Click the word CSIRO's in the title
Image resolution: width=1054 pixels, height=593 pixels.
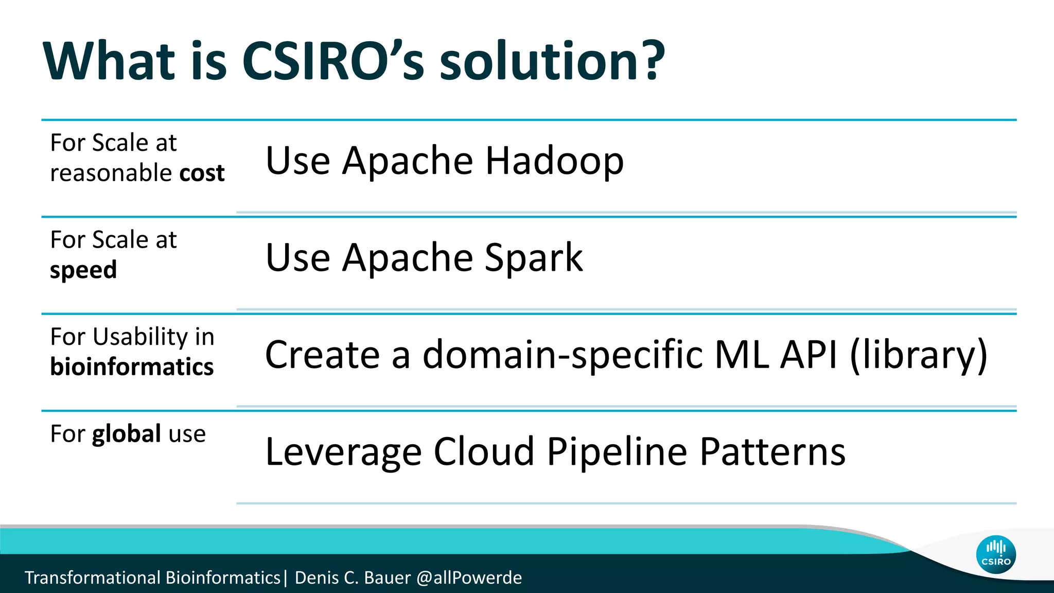tap(332, 62)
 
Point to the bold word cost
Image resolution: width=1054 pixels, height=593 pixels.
tap(202, 173)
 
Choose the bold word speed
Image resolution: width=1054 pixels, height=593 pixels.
tap(83, 270)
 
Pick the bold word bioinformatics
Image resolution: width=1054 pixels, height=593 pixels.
tap(132, 367)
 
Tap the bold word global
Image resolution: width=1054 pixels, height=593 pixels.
tap(127, 433)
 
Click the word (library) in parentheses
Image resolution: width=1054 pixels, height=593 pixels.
tap(918, 355)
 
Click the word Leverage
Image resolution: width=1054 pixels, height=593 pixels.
tap(343, 452)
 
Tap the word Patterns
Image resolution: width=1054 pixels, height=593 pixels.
tap(772, 452)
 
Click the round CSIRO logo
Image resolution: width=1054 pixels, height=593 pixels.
tap(995, 554)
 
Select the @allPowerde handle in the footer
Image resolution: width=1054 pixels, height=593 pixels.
tap(469, 578)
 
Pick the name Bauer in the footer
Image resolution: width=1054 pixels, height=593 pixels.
tap(387, 578)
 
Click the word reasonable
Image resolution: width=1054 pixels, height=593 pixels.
tap(111, 173)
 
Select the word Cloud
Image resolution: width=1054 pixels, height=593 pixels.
tap(484, 452)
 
